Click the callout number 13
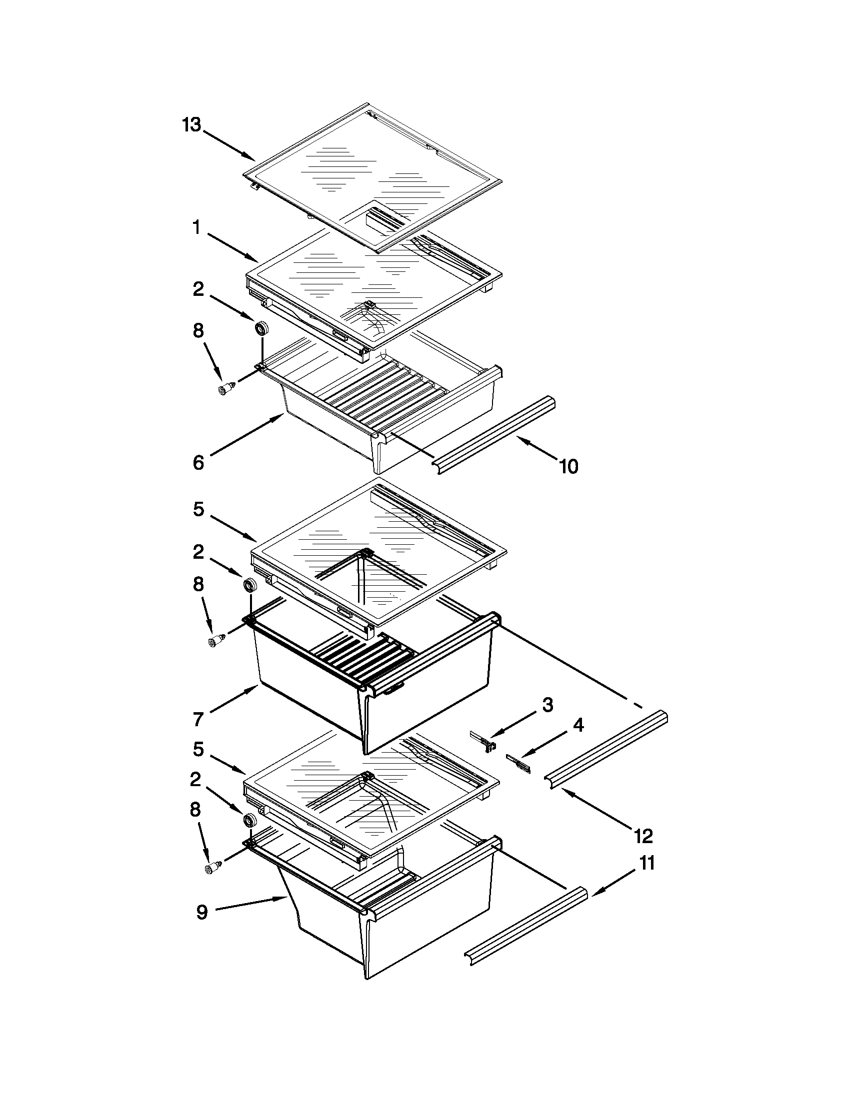[191, 124]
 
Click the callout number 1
[196, 228]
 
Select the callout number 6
[198, 462]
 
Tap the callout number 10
[568, 467]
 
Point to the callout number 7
[198, 719]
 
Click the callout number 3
[547, 705]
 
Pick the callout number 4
[578, 725]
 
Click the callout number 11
[647, 863]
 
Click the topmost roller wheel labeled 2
[261, 328]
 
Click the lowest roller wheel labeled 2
[248, 821]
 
